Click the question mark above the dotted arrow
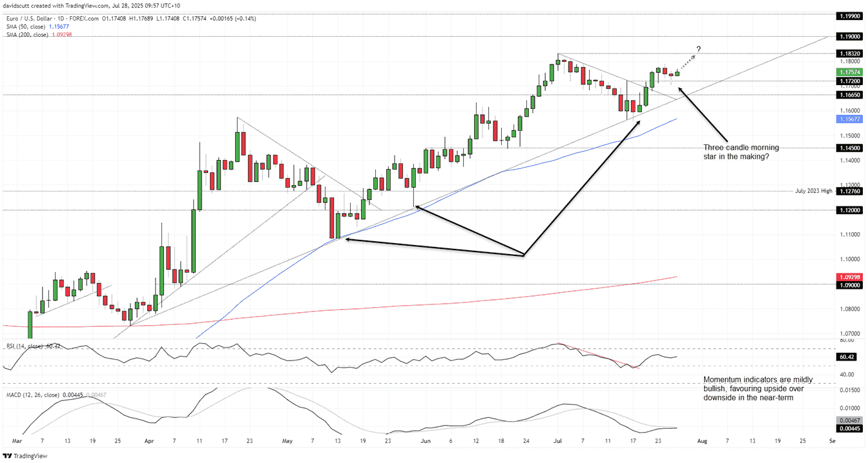[698, 50]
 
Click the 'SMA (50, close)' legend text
[26, 26]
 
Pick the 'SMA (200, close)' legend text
[27, 34]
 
